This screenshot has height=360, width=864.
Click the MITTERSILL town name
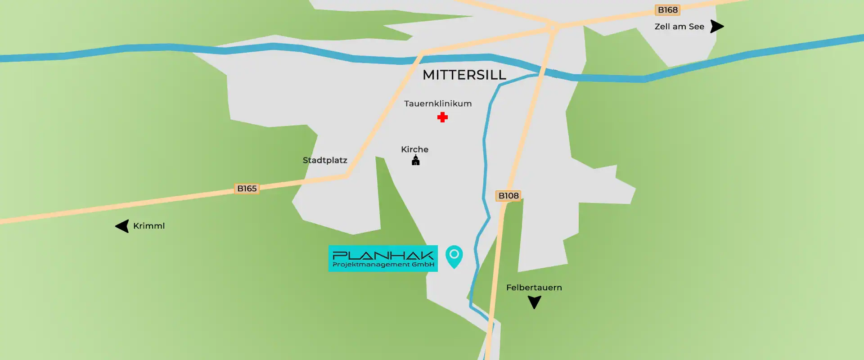coord(464,75)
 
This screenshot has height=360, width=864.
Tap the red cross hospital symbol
coord(442,117)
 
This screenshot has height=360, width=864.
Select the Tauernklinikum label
coord(438,103)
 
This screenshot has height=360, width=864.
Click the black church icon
coord(416,161)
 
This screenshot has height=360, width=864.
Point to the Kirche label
coord(414,149)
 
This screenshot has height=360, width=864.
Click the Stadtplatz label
coord(325,160)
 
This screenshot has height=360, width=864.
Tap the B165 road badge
coord(247,189)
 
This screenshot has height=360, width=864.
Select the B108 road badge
coord(508,196)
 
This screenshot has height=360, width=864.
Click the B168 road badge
coord(667,10)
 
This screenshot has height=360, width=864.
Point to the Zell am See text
coord(679,27)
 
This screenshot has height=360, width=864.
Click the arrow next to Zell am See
coord(716,27)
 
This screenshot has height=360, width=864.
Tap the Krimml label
coord(149,226)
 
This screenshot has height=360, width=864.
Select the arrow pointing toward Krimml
coord(122,226)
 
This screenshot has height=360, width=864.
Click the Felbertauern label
coord(534,288)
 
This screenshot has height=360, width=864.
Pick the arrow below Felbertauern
coord(534,302)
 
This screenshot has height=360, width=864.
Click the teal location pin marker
coord(454,256)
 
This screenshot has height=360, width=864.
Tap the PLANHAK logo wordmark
coord(383,255)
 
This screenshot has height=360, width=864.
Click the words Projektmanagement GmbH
coord(383,265)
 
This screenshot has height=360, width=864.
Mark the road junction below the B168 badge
coord(554,27)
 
